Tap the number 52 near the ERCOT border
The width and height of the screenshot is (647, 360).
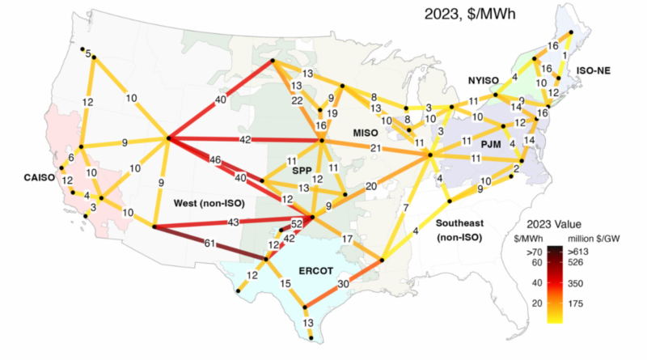coord(296,223)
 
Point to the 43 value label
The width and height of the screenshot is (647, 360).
coord(234,222)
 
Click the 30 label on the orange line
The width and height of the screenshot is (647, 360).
coord(343,283)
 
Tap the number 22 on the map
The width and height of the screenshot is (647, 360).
coord(298,100)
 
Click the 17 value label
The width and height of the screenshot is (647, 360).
coord(347,239)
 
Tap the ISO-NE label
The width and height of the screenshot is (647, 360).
coord(593,70)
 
